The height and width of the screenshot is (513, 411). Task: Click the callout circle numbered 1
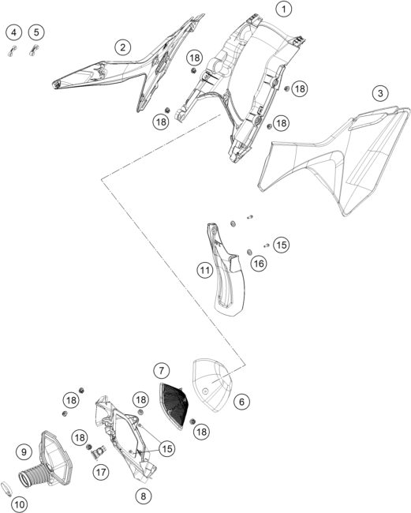[283, 9]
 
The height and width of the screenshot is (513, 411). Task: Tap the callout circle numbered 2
[122, 47]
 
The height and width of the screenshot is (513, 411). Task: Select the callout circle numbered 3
[380, 93]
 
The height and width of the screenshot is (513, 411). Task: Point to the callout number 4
[13, 32]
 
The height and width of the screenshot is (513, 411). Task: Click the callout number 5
[36, 32]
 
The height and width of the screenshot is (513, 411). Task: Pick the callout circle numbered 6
[241, 402]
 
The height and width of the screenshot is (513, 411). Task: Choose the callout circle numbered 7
[162, 371]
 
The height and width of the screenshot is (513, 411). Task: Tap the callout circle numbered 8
[144, 496]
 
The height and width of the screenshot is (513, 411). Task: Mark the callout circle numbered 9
[24, 452]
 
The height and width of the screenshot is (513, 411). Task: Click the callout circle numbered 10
[19, 504]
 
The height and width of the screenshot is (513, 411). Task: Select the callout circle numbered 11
[204, 270]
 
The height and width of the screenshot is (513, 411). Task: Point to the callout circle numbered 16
[259, 264]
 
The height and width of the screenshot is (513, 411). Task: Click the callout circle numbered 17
[101, 472]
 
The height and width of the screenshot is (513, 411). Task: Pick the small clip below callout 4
[12, 51]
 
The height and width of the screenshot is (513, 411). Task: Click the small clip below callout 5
[34, 50]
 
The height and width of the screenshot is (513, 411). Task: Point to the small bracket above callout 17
[98, 451]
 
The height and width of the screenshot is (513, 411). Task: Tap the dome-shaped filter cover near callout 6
[211, 385]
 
